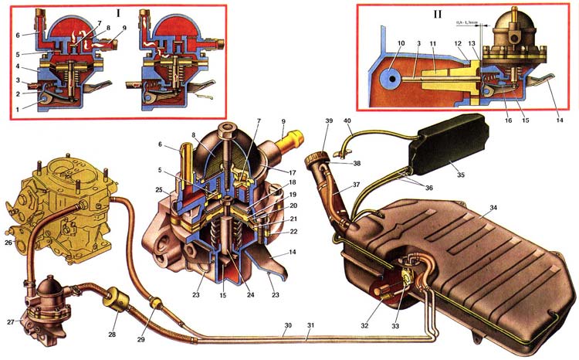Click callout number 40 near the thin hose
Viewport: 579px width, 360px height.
(x=347, y=122)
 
